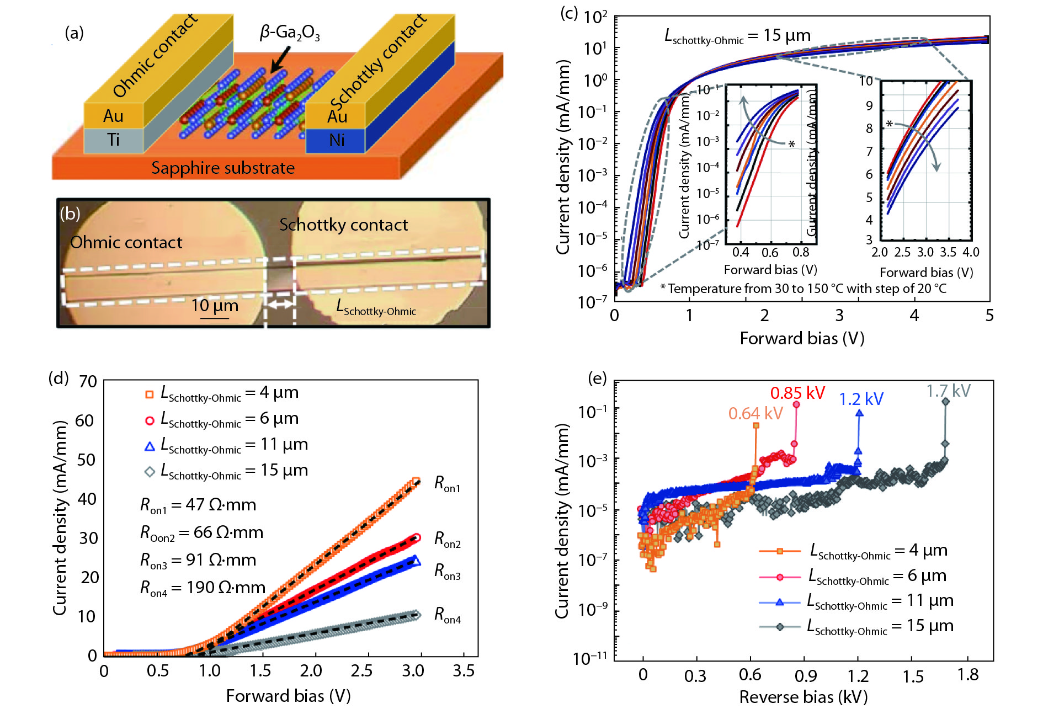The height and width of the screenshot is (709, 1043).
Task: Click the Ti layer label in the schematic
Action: click(x=114, y=140)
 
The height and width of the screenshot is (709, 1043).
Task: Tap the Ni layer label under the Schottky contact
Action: click(x=337, y=141)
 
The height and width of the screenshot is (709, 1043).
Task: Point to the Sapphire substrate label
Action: click(x=223, y=168)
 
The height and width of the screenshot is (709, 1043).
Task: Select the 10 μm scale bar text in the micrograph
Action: click(x=214, y=306)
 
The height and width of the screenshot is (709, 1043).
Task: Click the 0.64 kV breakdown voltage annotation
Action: click(x=755, y=413)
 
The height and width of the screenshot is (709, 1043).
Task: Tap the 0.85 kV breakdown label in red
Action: click(x=797, y=393)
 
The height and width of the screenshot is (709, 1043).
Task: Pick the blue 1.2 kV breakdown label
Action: click(x=861, y=399)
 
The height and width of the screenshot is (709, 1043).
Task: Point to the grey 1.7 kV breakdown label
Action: click(x=948, y=391)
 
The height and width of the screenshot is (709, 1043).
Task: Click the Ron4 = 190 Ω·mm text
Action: click(x=203, y=588)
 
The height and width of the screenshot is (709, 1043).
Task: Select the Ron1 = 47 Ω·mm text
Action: click(x=198, y=505)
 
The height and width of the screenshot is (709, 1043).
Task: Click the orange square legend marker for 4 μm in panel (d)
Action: click(x=149, y=395)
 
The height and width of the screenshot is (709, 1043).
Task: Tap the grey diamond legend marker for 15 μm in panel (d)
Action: click(x=149, y=472)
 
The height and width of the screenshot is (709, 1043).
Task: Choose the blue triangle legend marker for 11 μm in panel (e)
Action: click(x=779, y=602)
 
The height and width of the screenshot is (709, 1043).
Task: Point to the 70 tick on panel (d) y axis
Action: click(x=88, y=381)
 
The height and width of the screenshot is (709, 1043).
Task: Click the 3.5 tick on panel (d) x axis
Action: click(x=464, y=670)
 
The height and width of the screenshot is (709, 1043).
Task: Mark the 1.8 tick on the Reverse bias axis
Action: click(x=968, y=675)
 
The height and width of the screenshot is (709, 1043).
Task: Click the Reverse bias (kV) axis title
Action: click(x=803, y=697)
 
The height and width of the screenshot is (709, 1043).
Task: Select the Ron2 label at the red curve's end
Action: click(x=447, y=539)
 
